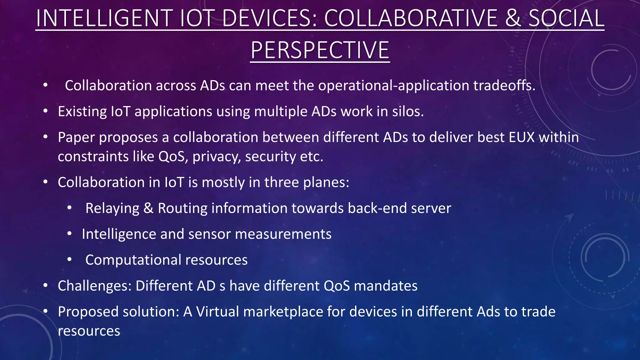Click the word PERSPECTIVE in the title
320,50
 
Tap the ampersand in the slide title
512,18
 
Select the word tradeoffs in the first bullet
503,86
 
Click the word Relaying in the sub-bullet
112,208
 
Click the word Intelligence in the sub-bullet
119,234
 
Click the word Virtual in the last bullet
217,312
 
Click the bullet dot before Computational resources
69,259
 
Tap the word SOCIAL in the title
566,18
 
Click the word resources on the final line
89,331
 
